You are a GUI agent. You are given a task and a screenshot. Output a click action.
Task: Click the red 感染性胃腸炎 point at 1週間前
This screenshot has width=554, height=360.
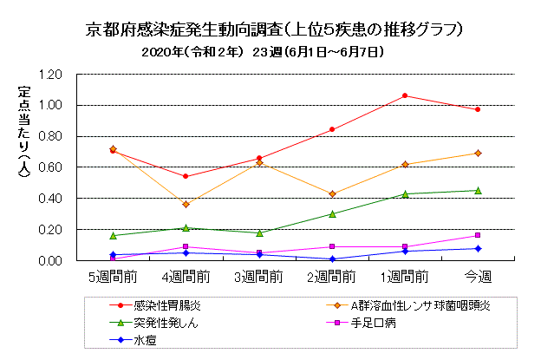click(404, 95)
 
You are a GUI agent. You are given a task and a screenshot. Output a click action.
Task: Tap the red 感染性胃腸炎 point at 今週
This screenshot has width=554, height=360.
click(477, 109)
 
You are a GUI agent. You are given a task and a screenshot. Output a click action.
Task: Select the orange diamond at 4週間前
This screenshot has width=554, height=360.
click(186, 204)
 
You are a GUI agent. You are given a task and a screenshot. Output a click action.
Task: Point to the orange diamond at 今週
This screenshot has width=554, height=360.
click(477, 153)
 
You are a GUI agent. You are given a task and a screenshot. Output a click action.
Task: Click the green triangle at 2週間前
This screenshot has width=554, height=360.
click(331, 213)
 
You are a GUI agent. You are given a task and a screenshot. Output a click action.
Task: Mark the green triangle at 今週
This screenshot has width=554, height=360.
click(477, 190)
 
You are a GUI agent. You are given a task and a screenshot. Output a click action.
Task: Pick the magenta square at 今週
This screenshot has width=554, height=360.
click(477, 235)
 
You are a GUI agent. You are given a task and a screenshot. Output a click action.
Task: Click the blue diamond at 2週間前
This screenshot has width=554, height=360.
click(331, 259)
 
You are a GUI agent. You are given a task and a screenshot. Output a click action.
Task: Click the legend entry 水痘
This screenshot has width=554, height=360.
click(144, 340)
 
